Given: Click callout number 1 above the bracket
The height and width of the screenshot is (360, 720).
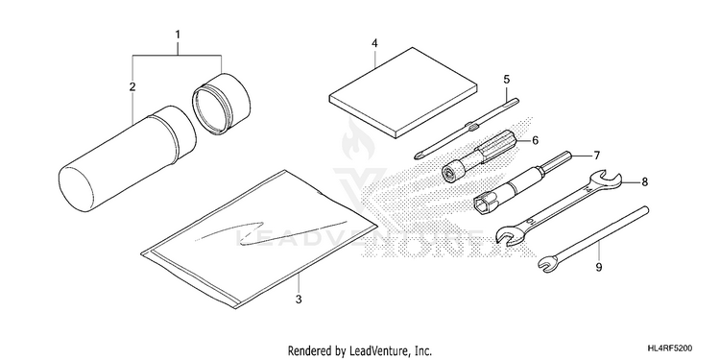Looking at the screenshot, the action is click(x=178, y=35).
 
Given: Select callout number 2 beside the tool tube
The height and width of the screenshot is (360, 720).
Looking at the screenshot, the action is click(x=132, y=86).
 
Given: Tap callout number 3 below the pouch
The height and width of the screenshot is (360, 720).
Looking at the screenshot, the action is click(x=299, y=300).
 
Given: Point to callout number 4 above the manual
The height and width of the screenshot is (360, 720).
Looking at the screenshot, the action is click(x=374, y=43).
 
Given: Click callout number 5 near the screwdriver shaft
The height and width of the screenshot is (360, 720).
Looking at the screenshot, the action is click(x=507, y=80).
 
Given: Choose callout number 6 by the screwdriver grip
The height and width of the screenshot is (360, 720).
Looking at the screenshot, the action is click(x=535, y=140).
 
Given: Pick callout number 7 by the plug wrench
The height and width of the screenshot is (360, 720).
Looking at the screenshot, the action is click(x=596, y=156).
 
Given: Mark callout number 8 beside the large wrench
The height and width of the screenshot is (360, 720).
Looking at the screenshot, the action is click(x=645, y=182).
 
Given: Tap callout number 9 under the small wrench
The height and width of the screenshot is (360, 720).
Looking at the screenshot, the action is click(x=598, y=267).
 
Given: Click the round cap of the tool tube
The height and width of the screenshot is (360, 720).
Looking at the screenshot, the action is click(x=222, y=104).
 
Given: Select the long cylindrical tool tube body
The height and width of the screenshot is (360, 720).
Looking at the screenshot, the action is click(x=128, y=158).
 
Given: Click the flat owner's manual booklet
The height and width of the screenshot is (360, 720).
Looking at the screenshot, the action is click(x=403, y=92).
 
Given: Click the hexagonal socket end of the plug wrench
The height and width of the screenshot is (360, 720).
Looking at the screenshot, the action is click(x=482, y=202).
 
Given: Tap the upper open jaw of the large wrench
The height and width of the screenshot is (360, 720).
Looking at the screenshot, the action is click(x=609, y=180).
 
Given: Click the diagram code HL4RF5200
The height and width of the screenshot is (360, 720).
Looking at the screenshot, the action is click(x=670, y=348).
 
